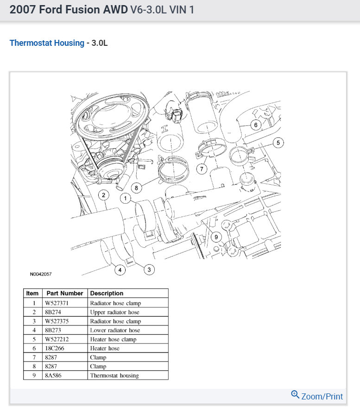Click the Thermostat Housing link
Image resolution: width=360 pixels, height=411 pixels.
click(x=47, y=43)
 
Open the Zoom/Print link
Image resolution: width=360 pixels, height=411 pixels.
click(x=317, y=396)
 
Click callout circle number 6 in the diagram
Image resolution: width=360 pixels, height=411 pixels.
click(x=255, y=125)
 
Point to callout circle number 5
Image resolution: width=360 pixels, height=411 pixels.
click(x=278, y=143)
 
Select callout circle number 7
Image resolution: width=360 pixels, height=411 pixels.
click(x=202, y=169)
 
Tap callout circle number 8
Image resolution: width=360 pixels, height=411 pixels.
click(x=136, y=187)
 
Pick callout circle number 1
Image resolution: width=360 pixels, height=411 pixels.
click(x=125, y=199)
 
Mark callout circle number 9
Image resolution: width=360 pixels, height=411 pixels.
click(x=215, y=237)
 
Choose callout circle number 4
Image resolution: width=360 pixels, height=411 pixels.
click(x=120, y=270)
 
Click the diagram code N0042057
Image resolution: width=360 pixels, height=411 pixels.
click(x=41, y=274)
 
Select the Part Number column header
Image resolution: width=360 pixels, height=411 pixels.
click(x=65, y=293)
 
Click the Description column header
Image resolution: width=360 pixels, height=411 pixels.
click(x=107, y=293)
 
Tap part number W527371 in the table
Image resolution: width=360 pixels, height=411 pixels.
click(x=57, y=303)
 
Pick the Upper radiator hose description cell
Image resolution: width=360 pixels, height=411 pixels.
click(x=114, y=312)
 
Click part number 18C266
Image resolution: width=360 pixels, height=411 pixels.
click(x=55, y=348)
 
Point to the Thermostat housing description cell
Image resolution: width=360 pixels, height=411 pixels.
click(x=114, y=375)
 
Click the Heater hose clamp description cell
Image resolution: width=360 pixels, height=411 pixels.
click(x=114, y=339)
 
